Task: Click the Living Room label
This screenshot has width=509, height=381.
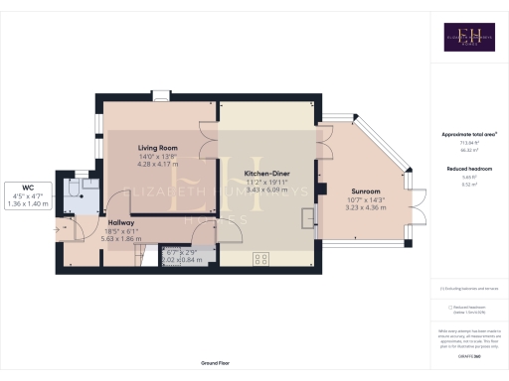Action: (157, 147)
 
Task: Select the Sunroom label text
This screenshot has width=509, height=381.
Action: (367, 190)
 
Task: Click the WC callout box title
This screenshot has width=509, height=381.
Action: (27, 186)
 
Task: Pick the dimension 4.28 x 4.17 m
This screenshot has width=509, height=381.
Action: (157, 165)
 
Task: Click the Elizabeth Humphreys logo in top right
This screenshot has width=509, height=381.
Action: (468, 37)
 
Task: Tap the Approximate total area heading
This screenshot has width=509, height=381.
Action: (468, 133)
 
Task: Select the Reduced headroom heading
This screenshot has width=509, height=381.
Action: (468, 169)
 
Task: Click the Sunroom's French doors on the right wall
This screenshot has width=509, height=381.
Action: (418, 216)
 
